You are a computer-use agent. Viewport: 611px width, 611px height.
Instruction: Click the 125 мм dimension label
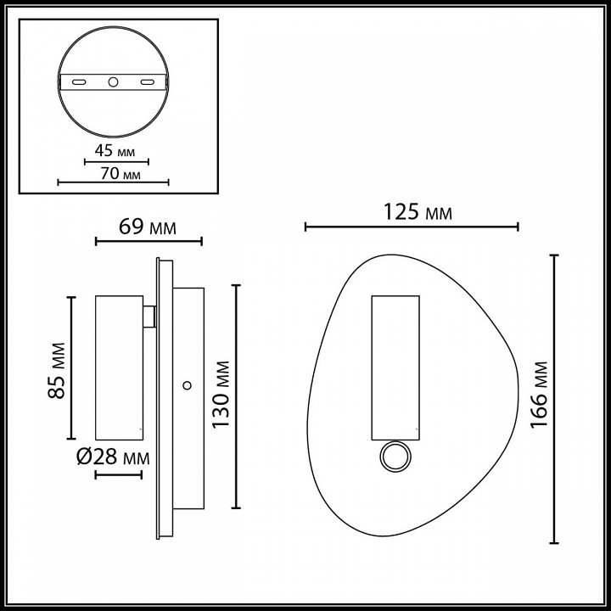(x=415, y=211)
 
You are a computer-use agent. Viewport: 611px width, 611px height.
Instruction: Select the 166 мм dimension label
(x=541, y=400)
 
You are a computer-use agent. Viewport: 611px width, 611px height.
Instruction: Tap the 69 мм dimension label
(x=147, y=227)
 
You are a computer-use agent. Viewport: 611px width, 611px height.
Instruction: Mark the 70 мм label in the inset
(x=117, y=174)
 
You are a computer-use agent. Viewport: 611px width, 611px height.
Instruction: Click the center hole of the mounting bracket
(x=113, y=82)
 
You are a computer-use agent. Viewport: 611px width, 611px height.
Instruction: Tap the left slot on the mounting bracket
(x=78, y=82)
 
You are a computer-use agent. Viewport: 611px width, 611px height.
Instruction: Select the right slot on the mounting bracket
(x=148, y=82)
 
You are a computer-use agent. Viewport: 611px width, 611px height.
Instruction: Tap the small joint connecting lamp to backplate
(x=149, y=317)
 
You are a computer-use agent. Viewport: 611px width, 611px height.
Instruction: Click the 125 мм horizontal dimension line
(x=411, y=227)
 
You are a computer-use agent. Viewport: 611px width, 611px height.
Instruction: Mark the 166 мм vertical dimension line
(x=555, y=399)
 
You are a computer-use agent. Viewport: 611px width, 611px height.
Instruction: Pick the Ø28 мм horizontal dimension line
(x=118, y=474)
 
